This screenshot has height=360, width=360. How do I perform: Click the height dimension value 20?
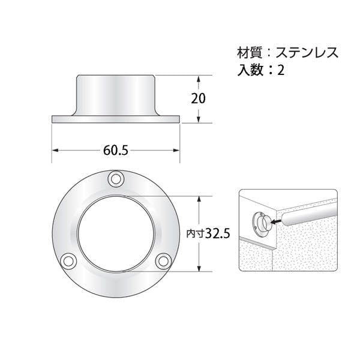(x=198, y=99)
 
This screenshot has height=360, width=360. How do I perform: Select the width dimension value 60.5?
(x=115, y=151)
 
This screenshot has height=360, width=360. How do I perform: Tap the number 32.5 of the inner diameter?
(x=218, y=234)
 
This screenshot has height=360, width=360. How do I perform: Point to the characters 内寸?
(x=196, y=234)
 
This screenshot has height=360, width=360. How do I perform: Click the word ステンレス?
(x=307, y=53)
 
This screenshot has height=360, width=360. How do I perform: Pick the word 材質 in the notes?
(x=250, y=53)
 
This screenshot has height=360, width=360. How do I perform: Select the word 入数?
(x=250, y=70)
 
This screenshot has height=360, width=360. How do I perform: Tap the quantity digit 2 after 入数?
(x=281, y=70)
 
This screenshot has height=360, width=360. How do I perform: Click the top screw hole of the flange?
(x=116, y=179)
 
